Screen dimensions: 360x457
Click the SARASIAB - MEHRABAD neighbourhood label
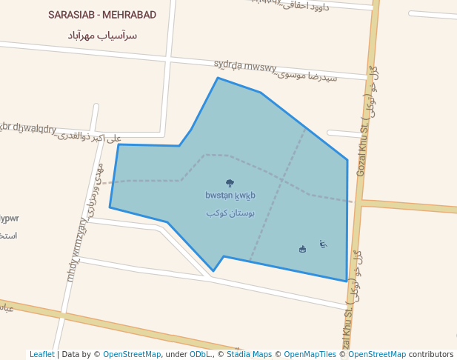pyautogui.click(x=102, y=15)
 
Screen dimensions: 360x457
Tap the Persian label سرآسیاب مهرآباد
pyautogui.click(x=102, y=35)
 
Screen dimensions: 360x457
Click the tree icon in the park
pyautogui.click(x=230, y=183)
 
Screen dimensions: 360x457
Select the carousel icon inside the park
pyautogui.click(x=301, y=249)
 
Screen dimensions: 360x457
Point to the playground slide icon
pyautogui.click(x=323, y=244)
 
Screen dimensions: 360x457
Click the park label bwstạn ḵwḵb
pyautogui.click(x=230, y=196)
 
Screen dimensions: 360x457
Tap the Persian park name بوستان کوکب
pyautogui.click(x=230, y=213)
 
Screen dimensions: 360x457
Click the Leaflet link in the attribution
pyautogui.click(x=41, y=354)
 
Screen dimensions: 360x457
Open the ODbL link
pyautogui.click(x=199, y=354)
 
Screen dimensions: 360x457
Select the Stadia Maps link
pyautogui.click(x=249, y=354)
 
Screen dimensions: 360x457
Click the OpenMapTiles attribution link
pyautogui.click(x=310, y=354)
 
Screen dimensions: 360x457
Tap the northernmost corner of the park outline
pyautogui.click(x=218, y=78)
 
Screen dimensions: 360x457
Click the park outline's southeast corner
pyautogui.click(x=346, y=281)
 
